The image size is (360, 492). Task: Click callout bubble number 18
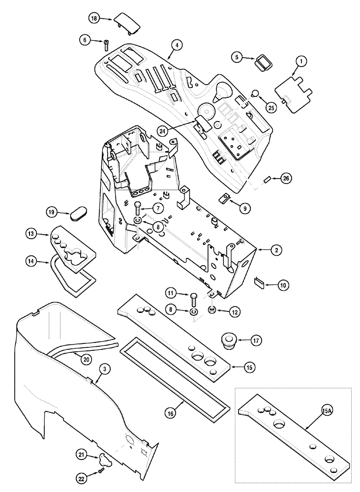(94, 18)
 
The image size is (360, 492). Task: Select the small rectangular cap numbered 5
(261, 64)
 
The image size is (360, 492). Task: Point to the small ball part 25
(255, 94)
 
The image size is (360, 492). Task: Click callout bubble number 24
(163, 131)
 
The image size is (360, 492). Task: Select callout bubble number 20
(86, 360)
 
